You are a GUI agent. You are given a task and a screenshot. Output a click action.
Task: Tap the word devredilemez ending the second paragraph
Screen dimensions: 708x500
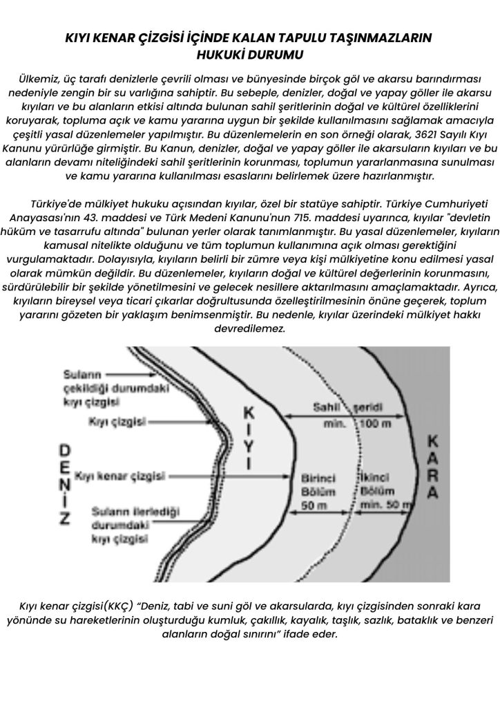click(250, 329)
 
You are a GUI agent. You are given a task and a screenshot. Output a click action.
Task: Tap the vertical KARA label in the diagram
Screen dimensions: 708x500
click(433, 467)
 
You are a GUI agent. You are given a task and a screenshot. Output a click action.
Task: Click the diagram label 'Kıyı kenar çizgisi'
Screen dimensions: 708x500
click(119, 476)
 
